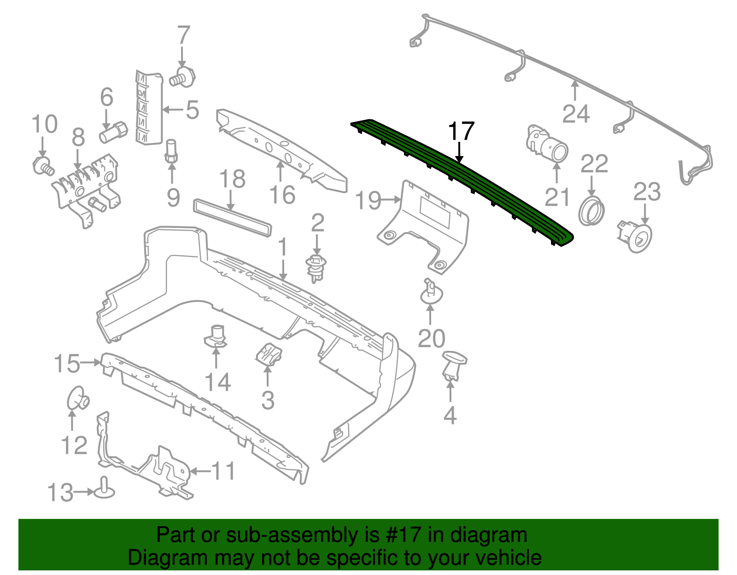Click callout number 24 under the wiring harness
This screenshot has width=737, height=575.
576,114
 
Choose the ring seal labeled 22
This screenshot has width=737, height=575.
592,211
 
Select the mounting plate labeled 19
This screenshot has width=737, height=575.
424,226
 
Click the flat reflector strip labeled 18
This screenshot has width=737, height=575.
232,217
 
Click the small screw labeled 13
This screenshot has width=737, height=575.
105,490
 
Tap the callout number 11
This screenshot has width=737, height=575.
223,471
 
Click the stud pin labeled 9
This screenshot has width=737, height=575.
171,151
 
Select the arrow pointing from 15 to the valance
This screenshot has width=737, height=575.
91,363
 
